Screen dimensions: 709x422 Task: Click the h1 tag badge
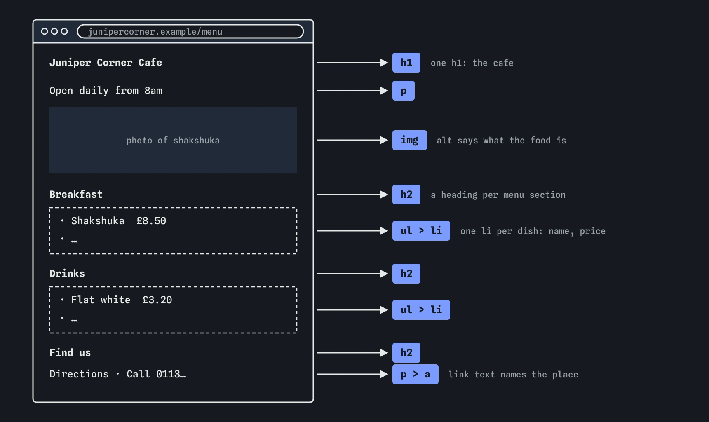[x=406, y=63]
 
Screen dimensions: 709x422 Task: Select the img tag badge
[x=410, y=140]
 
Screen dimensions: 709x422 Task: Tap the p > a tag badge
[x=416, y=374]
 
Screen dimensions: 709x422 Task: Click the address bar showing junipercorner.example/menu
[x=190, y=31]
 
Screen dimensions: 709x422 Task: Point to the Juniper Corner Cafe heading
[x=106, y=63]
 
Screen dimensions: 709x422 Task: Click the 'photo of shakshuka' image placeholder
[x=173, y=140]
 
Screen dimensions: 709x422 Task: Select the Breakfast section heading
[x=76, y=195]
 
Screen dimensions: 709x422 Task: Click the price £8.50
[x=151, y=221]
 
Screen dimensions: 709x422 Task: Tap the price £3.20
[x=157, y=300]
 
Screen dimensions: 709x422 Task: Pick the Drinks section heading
[x=67, y=274]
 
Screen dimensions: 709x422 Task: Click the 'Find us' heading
[x=70, y=353]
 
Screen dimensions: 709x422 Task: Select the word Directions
[x=79, y=374]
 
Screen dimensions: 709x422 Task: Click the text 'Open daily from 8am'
[x=106, y=91]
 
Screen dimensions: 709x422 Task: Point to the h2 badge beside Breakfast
[x=406, y=195]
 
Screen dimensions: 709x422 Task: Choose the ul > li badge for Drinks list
[x=421, y=310]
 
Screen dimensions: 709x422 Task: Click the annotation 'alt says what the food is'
[x=501, y=141]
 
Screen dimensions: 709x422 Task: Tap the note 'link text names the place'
[x=513, y=375]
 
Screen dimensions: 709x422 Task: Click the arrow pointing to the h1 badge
[x=352, y=63]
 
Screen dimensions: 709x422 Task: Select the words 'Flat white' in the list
[x=101, y=300]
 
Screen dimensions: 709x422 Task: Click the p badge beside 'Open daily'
[x=404, y=91]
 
